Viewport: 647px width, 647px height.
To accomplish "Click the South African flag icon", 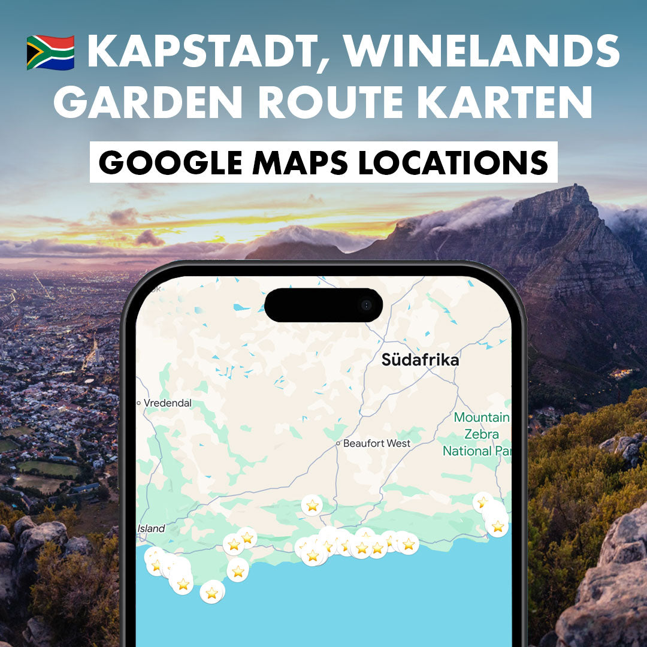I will (50, 52).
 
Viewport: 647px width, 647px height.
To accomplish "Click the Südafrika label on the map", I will (420, 360).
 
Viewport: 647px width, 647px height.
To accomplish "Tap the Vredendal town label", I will (168, 403).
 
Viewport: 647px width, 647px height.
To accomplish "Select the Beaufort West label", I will (377, 443).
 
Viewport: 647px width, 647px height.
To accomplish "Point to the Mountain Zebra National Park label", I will (479, 434).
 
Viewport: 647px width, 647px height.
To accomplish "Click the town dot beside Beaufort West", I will (338, 444).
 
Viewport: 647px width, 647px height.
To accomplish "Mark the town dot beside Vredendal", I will (139, 403).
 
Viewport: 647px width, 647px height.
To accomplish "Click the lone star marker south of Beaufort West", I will (312, 506).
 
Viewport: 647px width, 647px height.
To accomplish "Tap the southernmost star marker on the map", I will (211, 592).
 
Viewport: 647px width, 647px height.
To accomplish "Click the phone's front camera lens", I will (366, 306).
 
